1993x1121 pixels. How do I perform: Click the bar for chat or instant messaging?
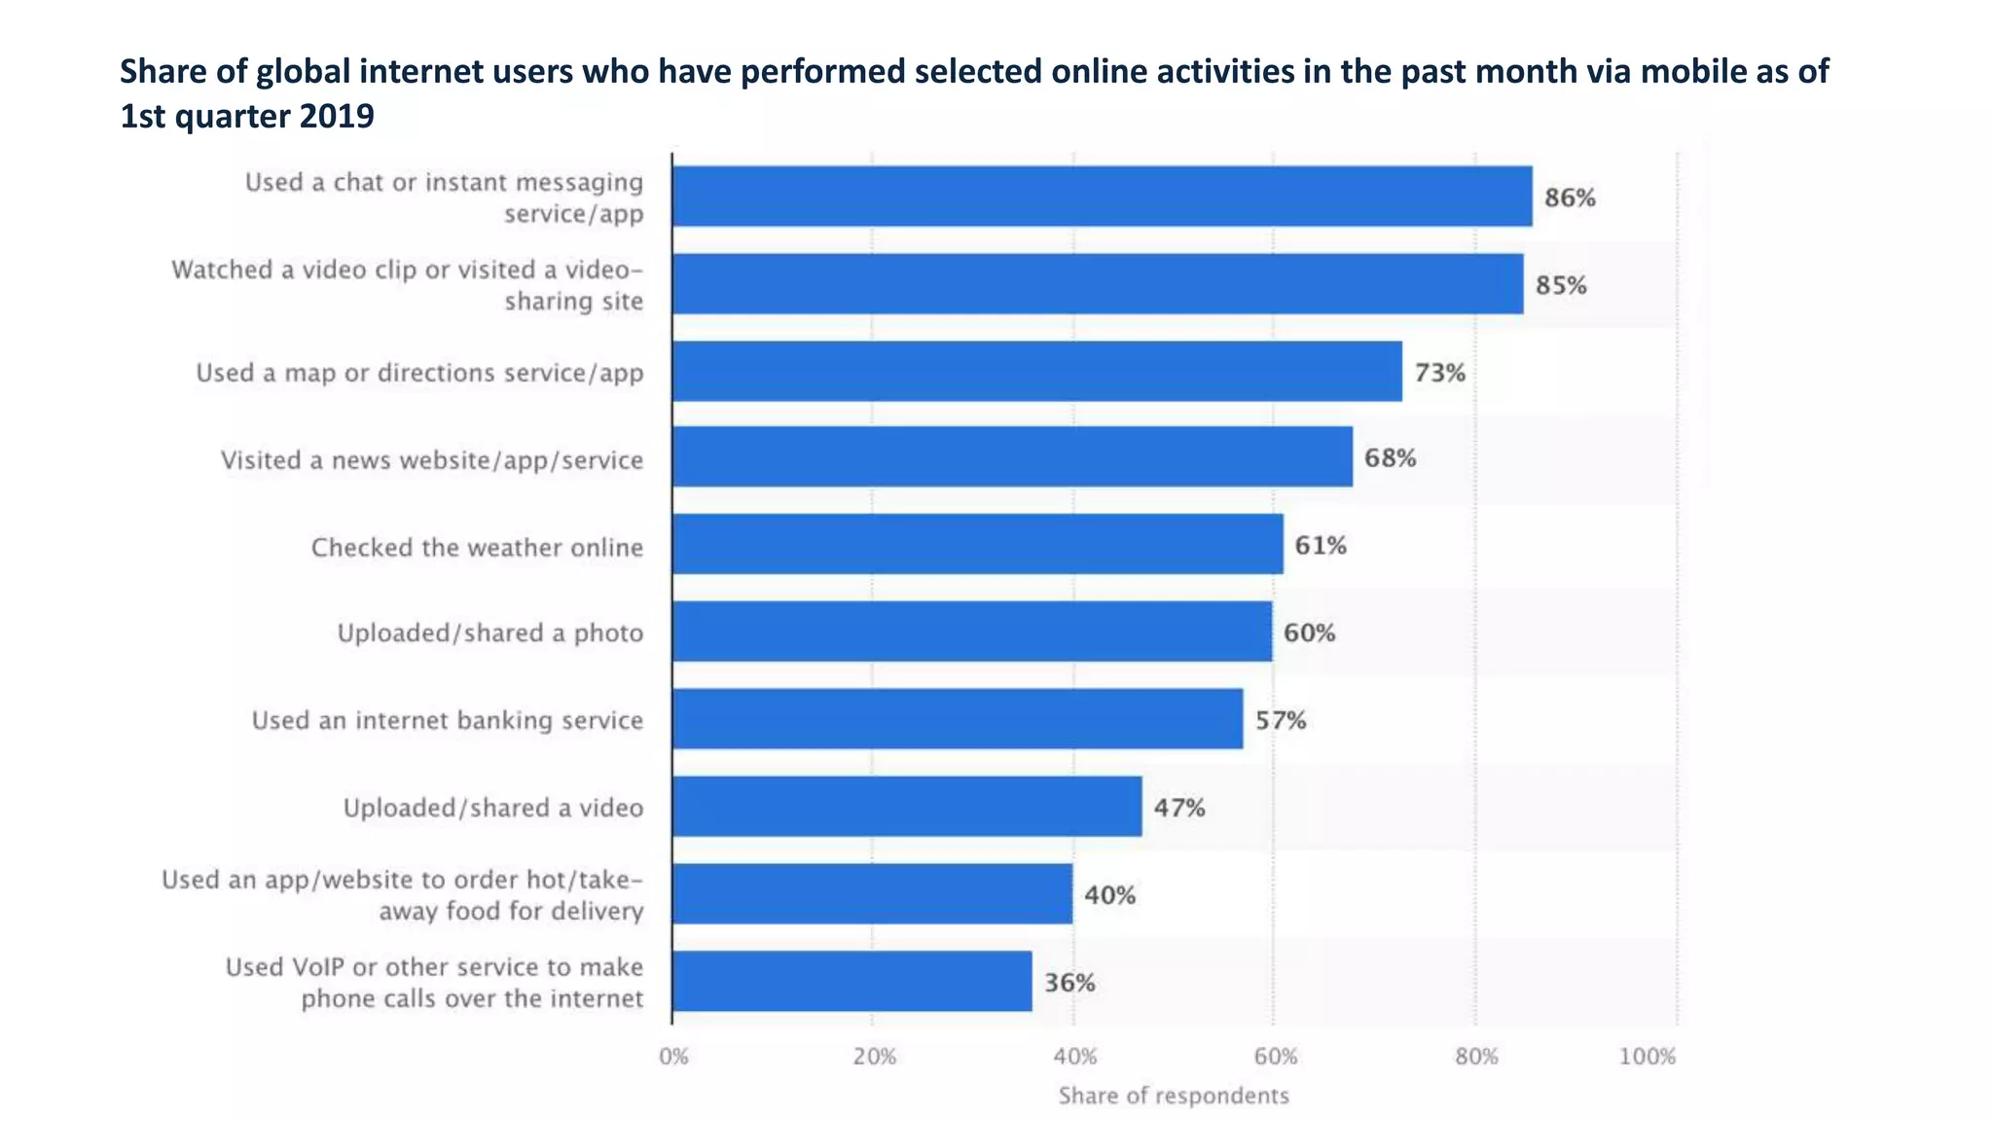pyautogui.click(x=1102, y=197)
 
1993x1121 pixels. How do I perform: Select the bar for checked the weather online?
pyautogui.click(x=977, y=544)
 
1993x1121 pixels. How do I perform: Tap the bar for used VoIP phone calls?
pyautogui.click(x=852, y=981)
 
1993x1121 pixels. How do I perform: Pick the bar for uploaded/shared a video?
pyautogui.click(x=907, y=806)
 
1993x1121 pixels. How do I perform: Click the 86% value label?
pyautogui.click(x=1570, y=198)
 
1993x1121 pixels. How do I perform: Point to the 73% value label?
pyautogui.click(x=1439, y=373)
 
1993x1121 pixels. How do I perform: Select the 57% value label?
pyautogui.click(x=1280, y=720)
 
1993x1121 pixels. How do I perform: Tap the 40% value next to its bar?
pyautogui.click(x=1109, y=894)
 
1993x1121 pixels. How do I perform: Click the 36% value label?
pyautogui.click(x=1069, y=982)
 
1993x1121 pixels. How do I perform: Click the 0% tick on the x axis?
pyautogui.click(x=673, y=1057)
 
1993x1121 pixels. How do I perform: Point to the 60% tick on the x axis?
pyautogui.click(x=1275, y=1057)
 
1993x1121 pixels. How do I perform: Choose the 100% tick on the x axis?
pyautogui.click(x=1647, y=1057)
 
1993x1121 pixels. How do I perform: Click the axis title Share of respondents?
pyautogui.click(x=1174, y=1096)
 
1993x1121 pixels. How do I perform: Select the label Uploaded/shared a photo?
pyautogui.click(x=490, y=633)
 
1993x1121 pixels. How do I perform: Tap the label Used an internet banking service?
pyautogui.click(x=448, y=720)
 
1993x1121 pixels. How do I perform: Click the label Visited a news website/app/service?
pyautogui.click(x=432, y=459)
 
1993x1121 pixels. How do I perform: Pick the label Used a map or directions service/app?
pyautogui.click(x=419, y=373)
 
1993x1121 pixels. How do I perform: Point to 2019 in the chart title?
pyautogui.click(x=337, y=116)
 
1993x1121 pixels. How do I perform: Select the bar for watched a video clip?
pyautogui.click(x=1098, y=284)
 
